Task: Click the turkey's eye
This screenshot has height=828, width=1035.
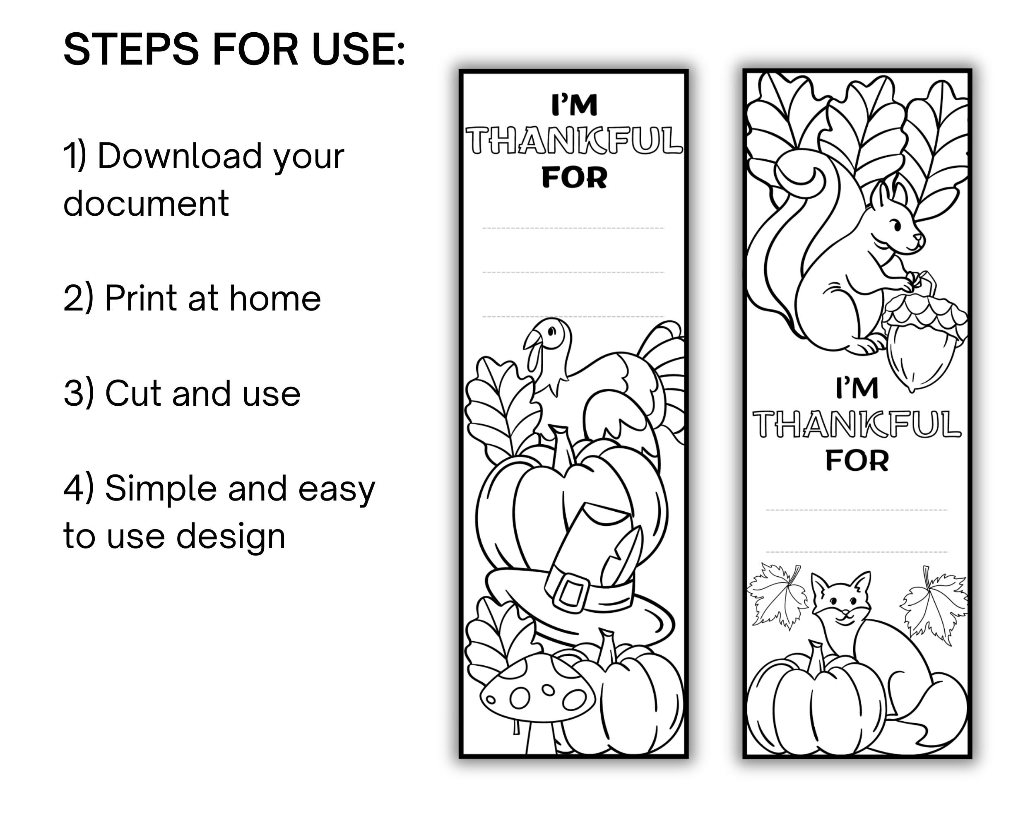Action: point(551,331)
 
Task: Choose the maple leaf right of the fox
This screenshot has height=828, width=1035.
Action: point(934,605)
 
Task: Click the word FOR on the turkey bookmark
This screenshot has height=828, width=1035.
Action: point(574,178)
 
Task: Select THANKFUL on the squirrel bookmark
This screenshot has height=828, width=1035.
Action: point(857,424)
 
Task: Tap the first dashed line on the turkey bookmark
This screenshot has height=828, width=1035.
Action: point(573,229)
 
